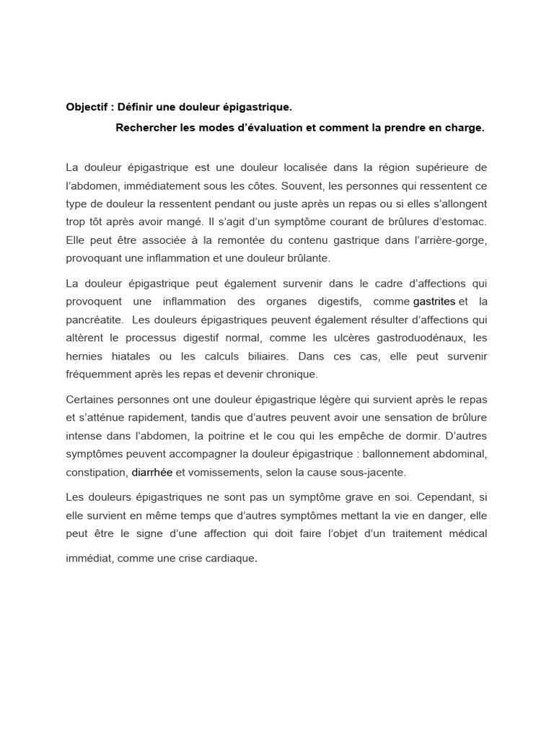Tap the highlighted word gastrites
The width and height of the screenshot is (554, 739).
coord(434,300)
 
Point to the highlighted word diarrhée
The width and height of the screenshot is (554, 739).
coord(152,473)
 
